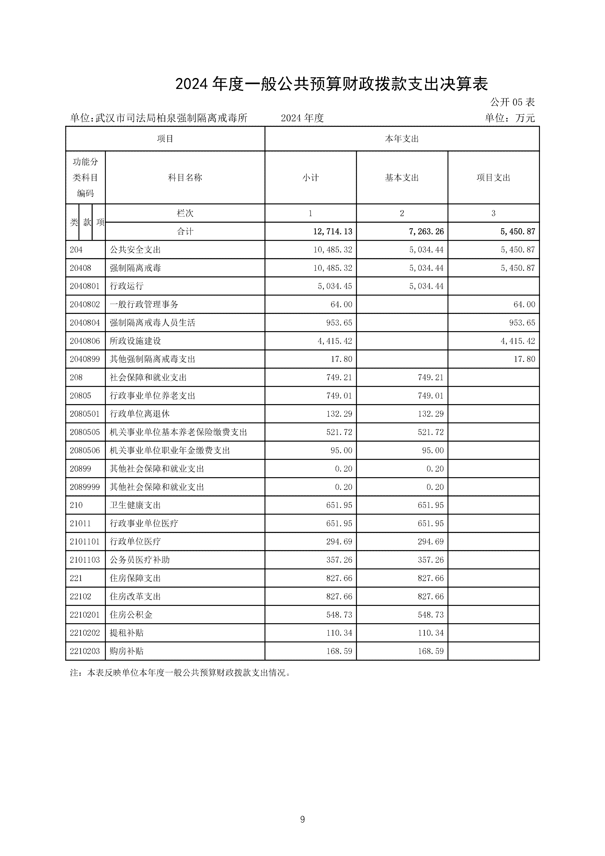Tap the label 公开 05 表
tap(512, 102)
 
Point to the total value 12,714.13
tap(332, 231)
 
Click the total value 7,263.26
tap(426, 231)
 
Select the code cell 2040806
tap(85, 341)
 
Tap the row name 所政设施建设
tap(135, 341)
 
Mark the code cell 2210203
tap(85, 651)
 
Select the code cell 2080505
tap(85, 432)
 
